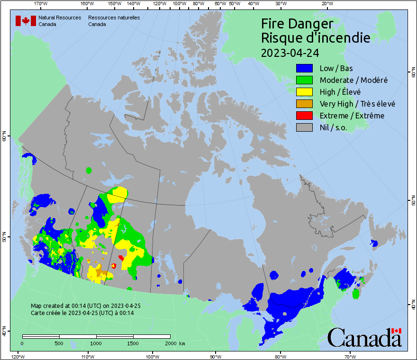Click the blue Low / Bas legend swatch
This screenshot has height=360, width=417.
click(x=304, y=68)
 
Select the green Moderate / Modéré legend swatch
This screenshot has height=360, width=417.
click(x=304, y=80)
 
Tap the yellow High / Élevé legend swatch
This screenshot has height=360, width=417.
click(x=304, y=92)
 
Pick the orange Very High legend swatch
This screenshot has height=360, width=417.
click(x=304, y=104)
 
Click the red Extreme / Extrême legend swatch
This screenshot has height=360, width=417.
click(x=304, y=116)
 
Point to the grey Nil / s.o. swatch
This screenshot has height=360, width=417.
click(x=304, y=127)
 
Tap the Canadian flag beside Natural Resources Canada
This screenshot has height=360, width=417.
click(x=26, y=21)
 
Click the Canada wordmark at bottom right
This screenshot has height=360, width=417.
click(x=364, y=337)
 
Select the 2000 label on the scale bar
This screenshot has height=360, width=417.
click(x=170, y=343)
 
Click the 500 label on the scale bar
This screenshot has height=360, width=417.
click(x=59, y=343)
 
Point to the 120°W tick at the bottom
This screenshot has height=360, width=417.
click(x=18, y=356)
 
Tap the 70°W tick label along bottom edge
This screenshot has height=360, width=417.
click(x=350, y=356)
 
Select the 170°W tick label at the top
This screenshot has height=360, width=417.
click(x=41, y=3)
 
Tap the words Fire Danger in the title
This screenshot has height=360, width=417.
click(x=297, y=23)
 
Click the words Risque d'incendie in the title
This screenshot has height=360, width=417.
click(x=316, y=37)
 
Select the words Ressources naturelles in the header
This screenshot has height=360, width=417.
click(x=114, y=18)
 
